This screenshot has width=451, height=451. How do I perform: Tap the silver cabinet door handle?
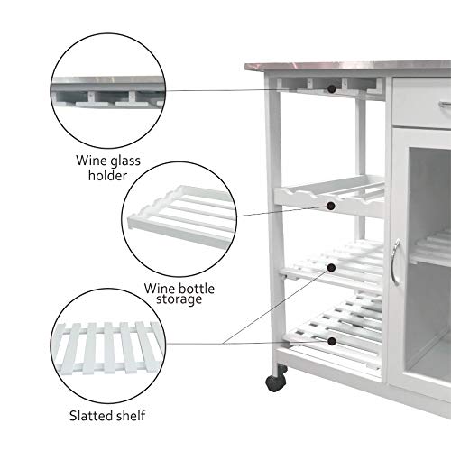click(x=394, y=262)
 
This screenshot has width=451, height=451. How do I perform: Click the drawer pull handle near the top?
click(x=444, y=106)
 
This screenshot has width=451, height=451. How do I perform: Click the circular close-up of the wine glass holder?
click(x=108, y=91)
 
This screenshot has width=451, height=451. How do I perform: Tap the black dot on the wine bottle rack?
click(x=334, y=207)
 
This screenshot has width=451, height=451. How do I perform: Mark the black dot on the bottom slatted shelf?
click(x=334, y=342)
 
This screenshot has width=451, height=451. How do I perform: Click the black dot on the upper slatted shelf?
click(x=334, y=267)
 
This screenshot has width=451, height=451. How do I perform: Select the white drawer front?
click(x=420, y=106)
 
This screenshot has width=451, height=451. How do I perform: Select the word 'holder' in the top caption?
click(x=109, y=175)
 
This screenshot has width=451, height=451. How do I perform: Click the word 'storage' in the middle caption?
click(x=173, y=299)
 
